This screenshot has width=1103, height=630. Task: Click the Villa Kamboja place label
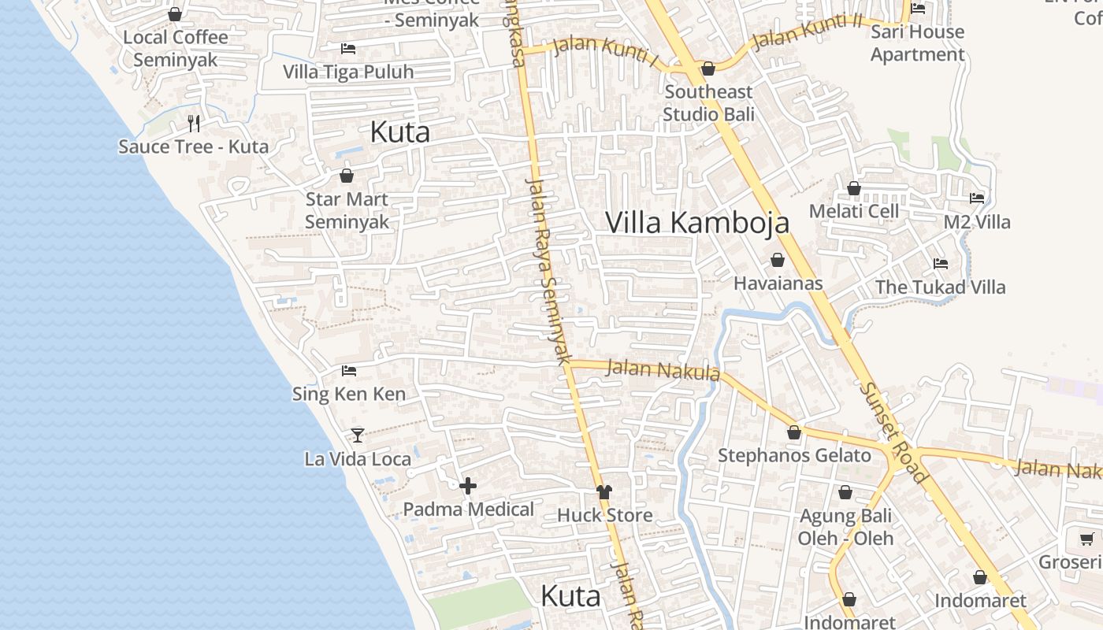pyautogui.click(x=697, y=222)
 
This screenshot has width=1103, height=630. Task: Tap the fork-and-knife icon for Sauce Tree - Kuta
pyautogui.click(x=194, y=124)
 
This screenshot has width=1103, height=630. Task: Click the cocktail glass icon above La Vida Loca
pyautogui.click(x=358, y=435)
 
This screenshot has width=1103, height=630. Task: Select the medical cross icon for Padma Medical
pyautogui.click(x=468, y=486)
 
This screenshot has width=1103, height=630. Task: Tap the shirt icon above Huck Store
pyautogui.click(x=604, y=492)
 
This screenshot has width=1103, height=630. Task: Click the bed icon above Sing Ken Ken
pyautogui.click(x=349, y=370)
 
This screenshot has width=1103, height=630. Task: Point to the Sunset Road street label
pyautogui.click(x=893, y=432)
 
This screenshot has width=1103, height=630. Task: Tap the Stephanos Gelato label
pyautogui.click(x=794, y=455)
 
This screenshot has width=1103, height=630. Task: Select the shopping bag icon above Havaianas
pyautogui.click(x=778, y=260)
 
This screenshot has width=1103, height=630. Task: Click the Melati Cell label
pyautogui.click(x=854, y=211)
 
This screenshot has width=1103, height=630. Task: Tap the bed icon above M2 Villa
pyautogui.click(x=977, y=198)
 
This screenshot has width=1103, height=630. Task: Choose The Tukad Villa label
pyautogui.click(x=941, y=287)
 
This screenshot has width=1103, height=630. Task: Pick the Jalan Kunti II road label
pyautogui.click(x=807, y=31)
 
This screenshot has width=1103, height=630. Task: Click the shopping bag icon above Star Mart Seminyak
pyautogui.click(x=347, y=176)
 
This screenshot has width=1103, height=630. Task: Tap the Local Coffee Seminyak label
pyautogui.click(x=176, y=48)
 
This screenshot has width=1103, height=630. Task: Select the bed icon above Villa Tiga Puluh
pyautogui.click(x=348, y=49)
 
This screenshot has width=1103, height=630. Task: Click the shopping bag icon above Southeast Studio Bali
pyautogui.click(x=708, y=69)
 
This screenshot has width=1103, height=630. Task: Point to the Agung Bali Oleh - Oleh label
pyautogui.click(x=845, y=527)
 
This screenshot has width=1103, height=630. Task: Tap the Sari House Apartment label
pyautogui.click(x=917, y=43)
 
